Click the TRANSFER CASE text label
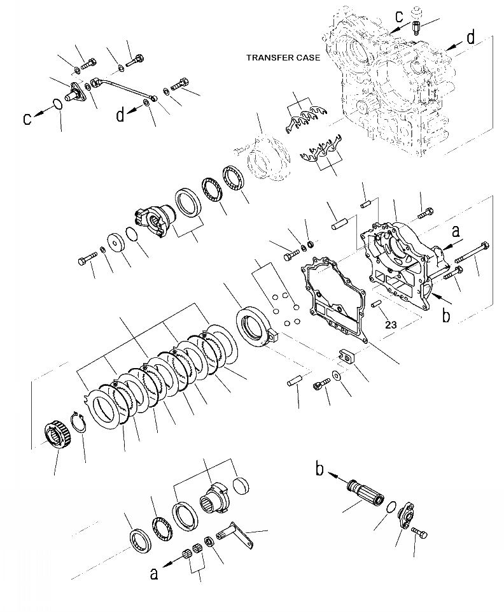(283, 58)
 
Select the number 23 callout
(390, 325)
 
